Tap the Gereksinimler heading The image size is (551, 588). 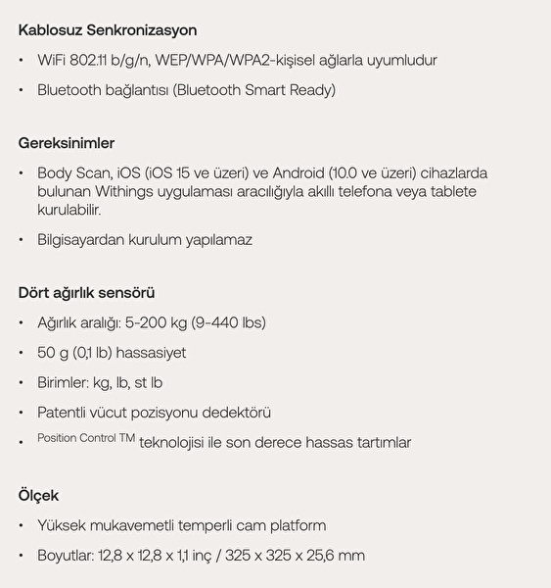click(67, 143)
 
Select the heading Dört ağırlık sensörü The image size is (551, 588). click(87, 292)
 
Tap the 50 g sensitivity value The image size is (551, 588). click(56, 353)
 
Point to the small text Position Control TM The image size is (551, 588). click(86, 438)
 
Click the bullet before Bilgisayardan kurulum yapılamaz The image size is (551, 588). click(22, 241)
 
